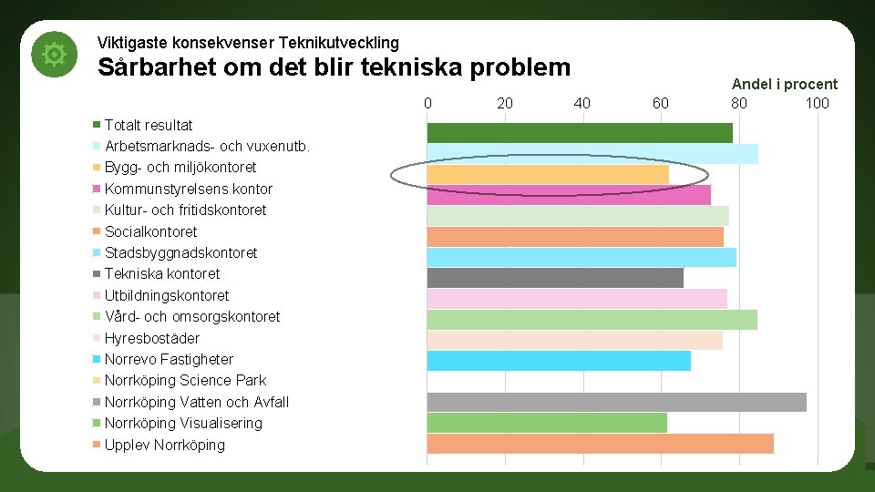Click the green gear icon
pyautogui.click(x=54, y=55)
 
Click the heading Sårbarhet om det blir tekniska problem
pyautogui.click(x=334, y=67)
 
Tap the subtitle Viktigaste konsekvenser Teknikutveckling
pyautogui.click(x=248, y=43)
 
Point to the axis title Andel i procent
pyautogui.click(x=784, y=84)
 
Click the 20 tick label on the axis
pyautogui.click(x=505, y=103)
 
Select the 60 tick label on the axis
pyautogui.click(x=661, y=103)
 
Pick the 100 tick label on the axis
pyautogui.click(x=817, y=103)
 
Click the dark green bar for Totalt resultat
pyautogui.click(x=580, y=133)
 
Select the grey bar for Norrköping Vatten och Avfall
pyautogui.click(x=616, y=402)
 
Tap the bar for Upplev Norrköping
pyautogui.click(x=600, y=444)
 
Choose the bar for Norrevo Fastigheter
pyautogui.click(x=559, y=361)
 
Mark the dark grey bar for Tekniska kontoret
pyautogui.click(x=555, y=278)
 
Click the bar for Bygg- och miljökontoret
pyautogui.click(x=548, y=174)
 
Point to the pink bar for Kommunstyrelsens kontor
pyautogui.click(x=569, y=195)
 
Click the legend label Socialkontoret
pyautogui.click(x=150, y=231)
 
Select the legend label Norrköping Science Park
pyautogui.click(x=185, y=381)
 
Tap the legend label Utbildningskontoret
pyautogui.click(x=167, y=295)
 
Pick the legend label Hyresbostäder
pyautogui.click(x=152, y=338)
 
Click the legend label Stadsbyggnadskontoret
pyautogui.click(x=180, y=252)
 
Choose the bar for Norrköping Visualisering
pyautogui.click(x=547, y=423)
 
